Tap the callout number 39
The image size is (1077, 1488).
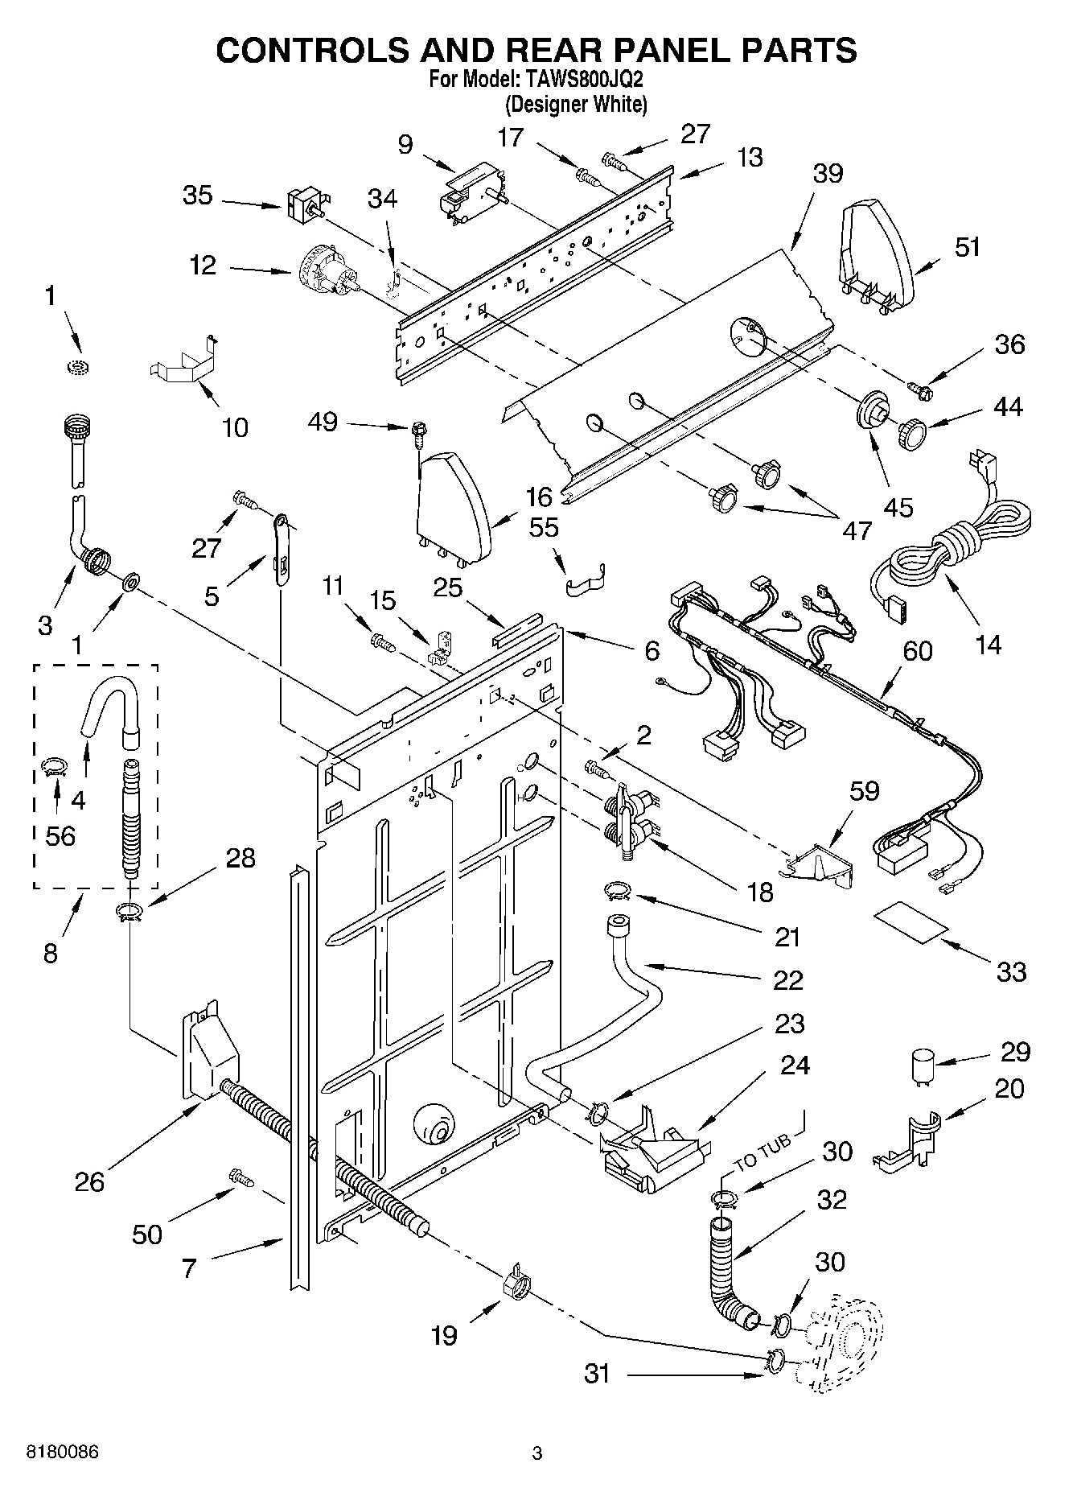pyautogui.click(x=827, y=173)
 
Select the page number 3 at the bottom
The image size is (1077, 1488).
pyautogui.click(x=537, y=1453)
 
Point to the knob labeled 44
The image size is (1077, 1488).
pyautogui.click(x=911, y=436)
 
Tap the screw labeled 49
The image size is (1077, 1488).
pyautogui.click(x=418, y=434)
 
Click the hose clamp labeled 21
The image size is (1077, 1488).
pyautogui.click(x=617, y=890)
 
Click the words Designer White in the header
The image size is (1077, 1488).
pyautogui.click(x=576, y=104)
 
